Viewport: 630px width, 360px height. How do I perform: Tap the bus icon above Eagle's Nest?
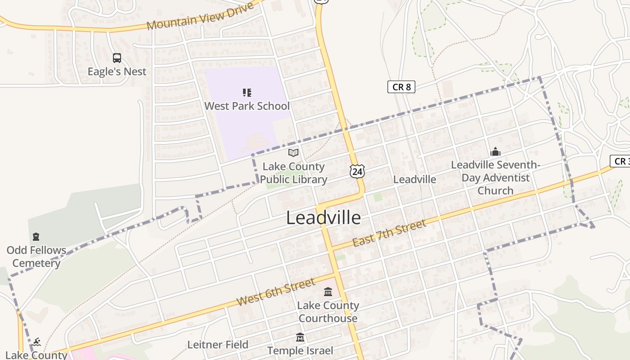pyautogui.click(x=117, y=58)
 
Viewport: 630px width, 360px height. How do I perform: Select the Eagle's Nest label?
pyautogui.click(x=117, y=72)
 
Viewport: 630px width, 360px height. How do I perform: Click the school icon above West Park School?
pyautogui.click(x=247, y=93)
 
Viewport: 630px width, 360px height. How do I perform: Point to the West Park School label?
pyautogui.click(x=247, y=106)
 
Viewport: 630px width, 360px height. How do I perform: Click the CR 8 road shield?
pyautogui.click(x=401, y=87)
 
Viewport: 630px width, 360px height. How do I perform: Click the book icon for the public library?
pyautogui.click(x=293, y=153)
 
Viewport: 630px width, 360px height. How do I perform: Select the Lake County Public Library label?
pyautogui.click(x=293, y=173)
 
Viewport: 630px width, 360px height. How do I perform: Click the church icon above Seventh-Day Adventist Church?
pyautogui.click(x=495, y=152)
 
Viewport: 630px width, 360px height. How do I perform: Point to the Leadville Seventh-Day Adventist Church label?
pyautogui.click(x=495, y=178)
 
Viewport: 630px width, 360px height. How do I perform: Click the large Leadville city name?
pyautogui.click(x=324, y=218)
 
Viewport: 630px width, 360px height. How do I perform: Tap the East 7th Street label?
pyautogui.click(x=389, y=234)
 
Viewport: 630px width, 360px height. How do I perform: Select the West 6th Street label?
pyautogui.click(x=275, y=292)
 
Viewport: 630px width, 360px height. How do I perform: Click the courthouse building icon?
pyautogui.click(x=328, y=292)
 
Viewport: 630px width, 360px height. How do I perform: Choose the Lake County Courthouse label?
pyautogui.click(x=328, y=312)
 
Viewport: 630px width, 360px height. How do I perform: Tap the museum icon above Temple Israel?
pyautogui.click(x=300, y=337)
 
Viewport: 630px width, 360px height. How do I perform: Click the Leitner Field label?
pyautogui.click(x=218, y=345)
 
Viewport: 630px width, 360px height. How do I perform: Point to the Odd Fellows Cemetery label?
pyautogui.click(x=36, y=256)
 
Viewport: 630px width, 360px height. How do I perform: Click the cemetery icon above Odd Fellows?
pyautogui.click(x=36, y=237)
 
